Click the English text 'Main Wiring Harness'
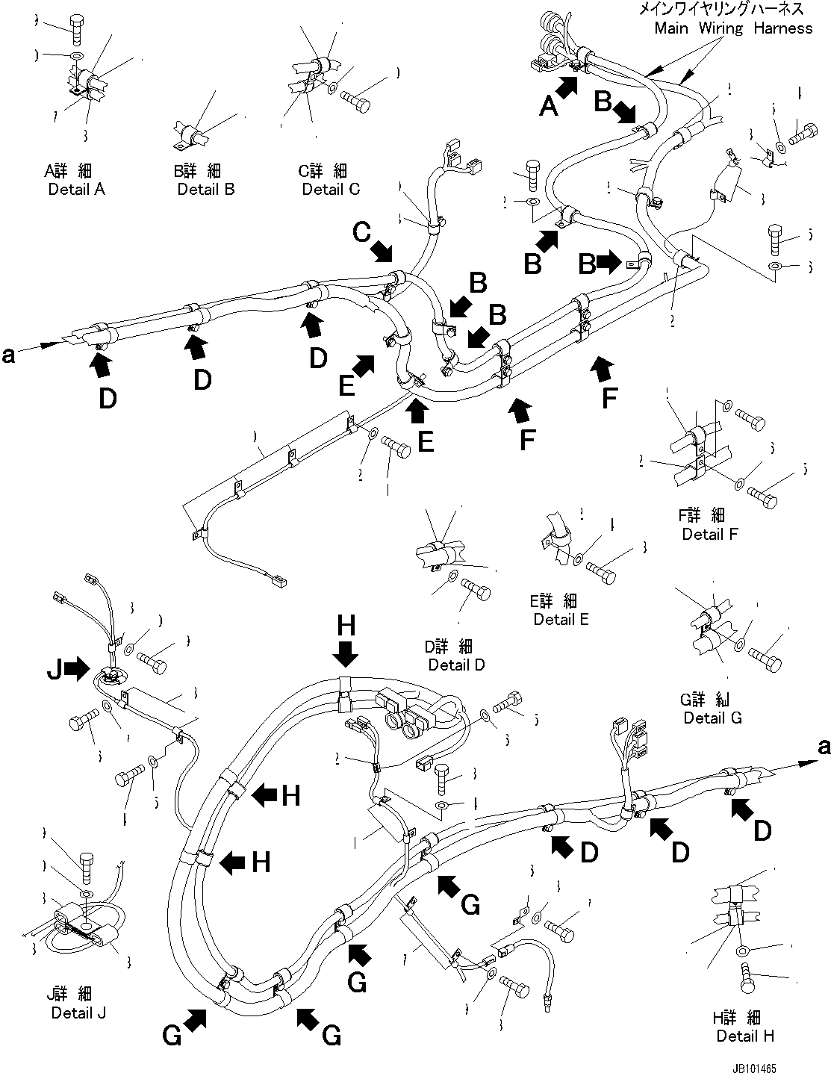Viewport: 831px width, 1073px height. (732, 28)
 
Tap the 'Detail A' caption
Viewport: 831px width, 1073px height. (76, 189)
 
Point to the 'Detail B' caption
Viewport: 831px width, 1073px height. (205, 189)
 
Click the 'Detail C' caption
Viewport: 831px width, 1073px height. (330, 189)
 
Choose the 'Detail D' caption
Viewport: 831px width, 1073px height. (456, 665)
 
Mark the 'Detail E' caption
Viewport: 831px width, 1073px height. (561, 619)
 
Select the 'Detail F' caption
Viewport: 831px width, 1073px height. (710, 534)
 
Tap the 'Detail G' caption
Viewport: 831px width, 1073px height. (712, 718)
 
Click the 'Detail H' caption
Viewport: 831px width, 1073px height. (744, 1036)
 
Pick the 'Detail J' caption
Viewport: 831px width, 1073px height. (78, 1013)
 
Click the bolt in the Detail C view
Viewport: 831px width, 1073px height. (357, 100)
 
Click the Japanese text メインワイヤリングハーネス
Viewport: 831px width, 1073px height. (720, 9)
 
